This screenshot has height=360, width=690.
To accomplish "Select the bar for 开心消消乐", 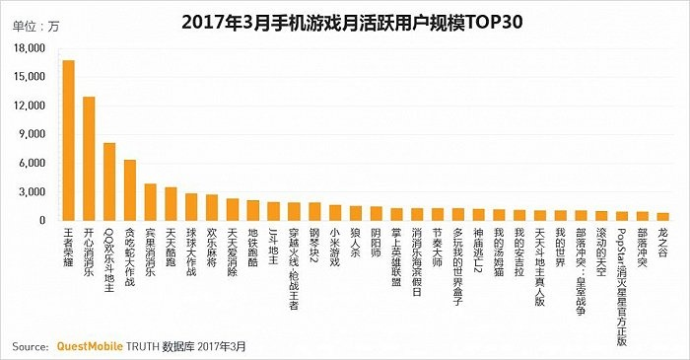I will tap(89, 159).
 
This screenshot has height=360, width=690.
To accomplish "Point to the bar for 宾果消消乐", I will tap(151, 202).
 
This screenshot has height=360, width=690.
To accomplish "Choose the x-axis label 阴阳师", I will tap(376, 243).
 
